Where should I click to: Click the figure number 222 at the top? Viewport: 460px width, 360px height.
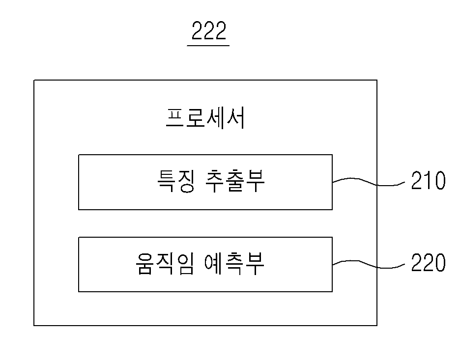209,30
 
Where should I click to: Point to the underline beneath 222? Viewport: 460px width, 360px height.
208,46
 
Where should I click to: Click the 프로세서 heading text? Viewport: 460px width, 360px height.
205,118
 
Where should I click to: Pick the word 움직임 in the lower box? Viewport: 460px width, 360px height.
164,264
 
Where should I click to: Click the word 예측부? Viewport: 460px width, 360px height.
234,264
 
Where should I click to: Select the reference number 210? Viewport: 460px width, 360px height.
428,180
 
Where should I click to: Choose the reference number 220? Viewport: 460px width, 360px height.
428,262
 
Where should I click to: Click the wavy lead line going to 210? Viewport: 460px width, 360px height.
369,181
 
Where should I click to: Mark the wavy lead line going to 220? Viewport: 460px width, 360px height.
369,264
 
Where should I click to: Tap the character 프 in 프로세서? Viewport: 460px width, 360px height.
175,118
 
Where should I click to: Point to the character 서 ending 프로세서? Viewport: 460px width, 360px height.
235,118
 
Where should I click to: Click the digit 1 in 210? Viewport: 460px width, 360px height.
429,180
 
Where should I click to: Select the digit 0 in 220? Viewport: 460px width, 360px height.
440,262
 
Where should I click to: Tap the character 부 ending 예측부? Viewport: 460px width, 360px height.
255,264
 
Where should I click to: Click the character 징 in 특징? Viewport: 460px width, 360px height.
186,181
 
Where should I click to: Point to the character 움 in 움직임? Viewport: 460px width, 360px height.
144,264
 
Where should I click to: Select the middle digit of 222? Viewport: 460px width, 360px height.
209,30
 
